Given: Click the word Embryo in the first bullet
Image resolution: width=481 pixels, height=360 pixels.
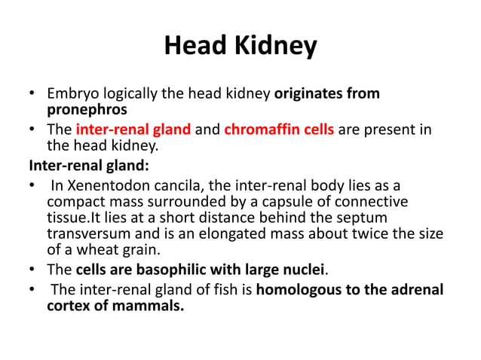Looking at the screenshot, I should click(x=70, y=94).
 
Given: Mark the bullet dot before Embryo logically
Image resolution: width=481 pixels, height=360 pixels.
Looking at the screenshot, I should click(x=32, y=94).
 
